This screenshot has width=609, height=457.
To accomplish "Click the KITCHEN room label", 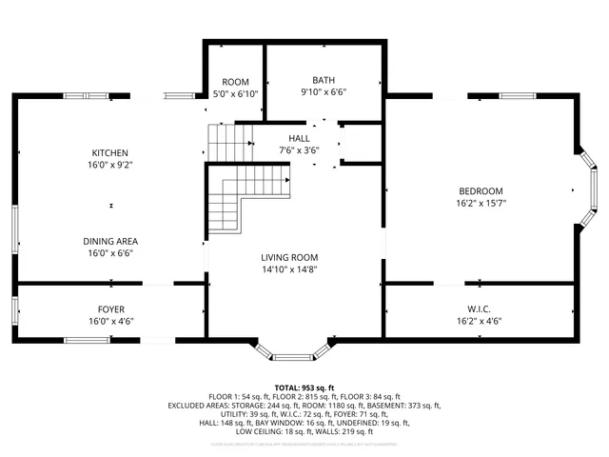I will pos(110,153).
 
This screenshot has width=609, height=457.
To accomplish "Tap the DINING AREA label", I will pos(110,241).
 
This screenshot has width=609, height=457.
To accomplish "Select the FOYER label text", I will pos(110,308).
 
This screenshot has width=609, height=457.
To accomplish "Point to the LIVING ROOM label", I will pos(290,257).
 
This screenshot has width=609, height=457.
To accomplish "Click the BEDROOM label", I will pos(480,190).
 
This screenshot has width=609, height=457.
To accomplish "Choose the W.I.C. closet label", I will pos(480,308).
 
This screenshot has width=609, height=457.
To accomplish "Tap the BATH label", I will pos(324,80).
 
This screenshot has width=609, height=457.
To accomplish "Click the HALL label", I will pos(299,138).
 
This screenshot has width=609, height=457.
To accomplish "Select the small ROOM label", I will pos(235,82).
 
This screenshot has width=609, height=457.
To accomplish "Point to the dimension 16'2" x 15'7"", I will pos(480,203).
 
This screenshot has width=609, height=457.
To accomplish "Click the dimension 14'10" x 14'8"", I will pos(290,269).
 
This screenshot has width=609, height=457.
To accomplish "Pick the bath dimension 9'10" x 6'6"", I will pos(324,92).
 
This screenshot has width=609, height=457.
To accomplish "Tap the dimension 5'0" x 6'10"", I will pos(235,94).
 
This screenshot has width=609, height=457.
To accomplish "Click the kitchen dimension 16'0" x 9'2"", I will pos(110,166).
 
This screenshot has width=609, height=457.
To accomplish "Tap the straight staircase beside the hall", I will pos(227,144).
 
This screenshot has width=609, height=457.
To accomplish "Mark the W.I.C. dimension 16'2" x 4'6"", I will pos(480,321).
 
